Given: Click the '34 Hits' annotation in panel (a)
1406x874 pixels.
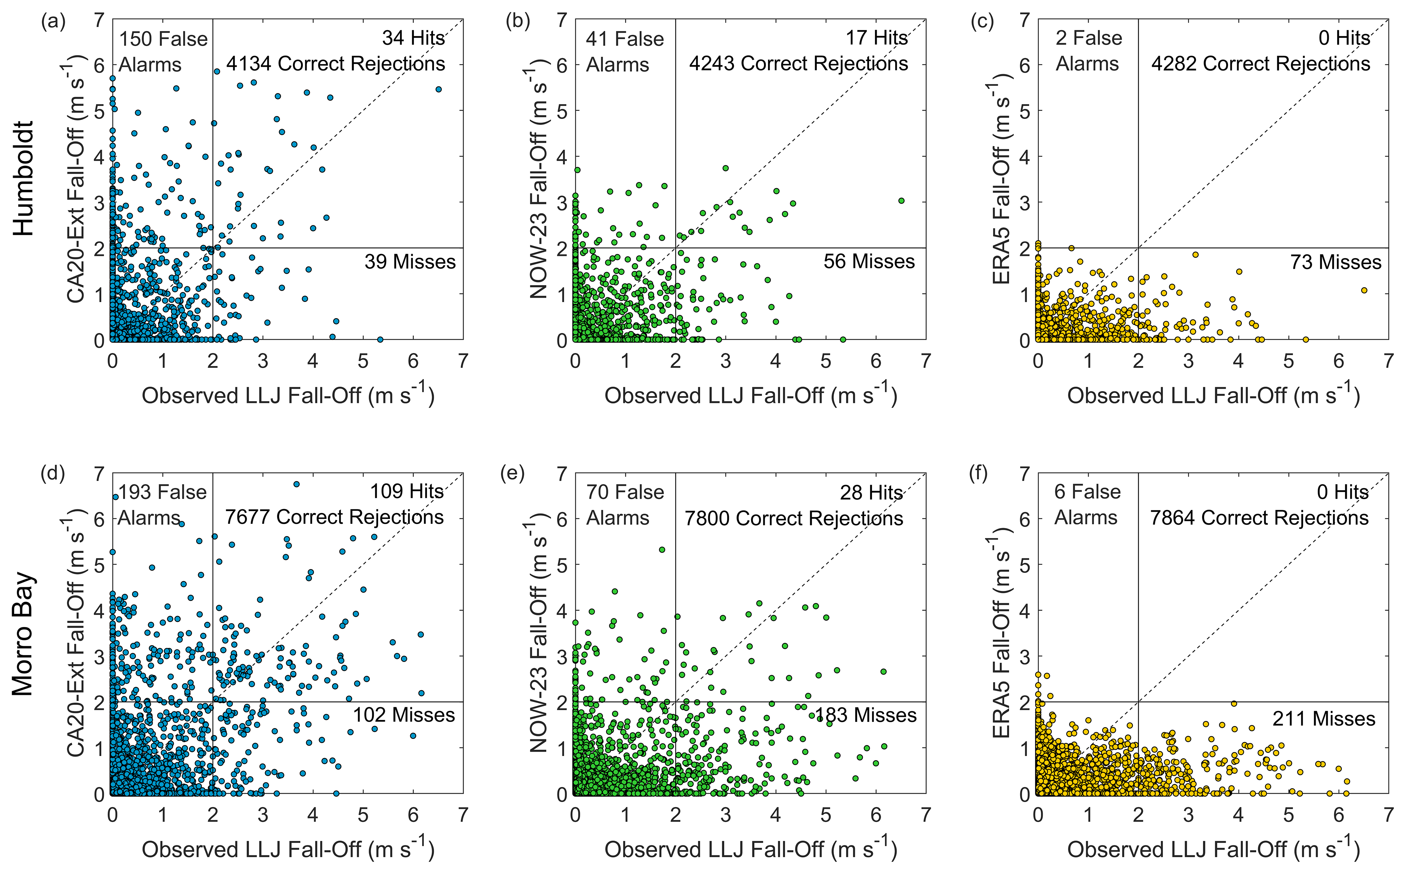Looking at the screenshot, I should click(x=413, y=38).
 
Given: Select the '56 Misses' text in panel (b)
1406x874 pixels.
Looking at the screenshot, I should click(x=869, y=262).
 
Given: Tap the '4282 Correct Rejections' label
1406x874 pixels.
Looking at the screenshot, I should click(x=1260, y=64).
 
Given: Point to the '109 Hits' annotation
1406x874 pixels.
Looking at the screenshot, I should click(x=407, y=491).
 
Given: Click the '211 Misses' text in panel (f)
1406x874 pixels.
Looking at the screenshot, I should click(x=1323, y=719).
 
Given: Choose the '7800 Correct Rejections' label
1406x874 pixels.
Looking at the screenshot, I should click(x=794, y=518).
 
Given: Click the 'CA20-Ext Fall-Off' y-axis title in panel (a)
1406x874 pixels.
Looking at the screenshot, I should click(x=76, y=179).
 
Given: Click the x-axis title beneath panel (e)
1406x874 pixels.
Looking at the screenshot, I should click(x=750, y=849).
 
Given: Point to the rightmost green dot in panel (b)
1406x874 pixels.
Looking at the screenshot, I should click(x=901, y=201).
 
